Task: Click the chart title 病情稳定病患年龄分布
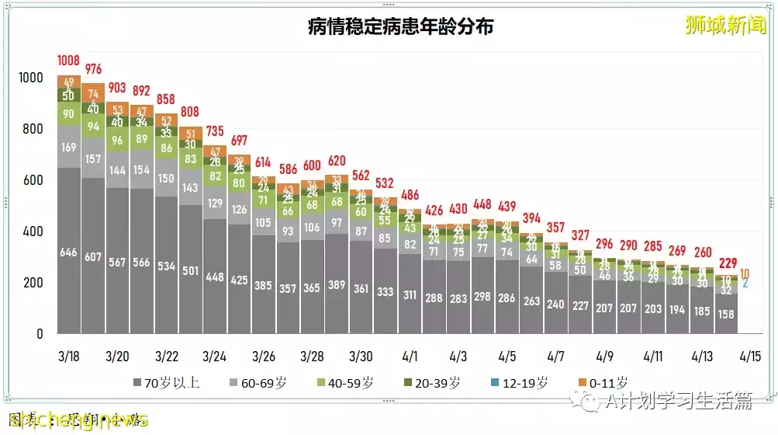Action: [x=400, y=27]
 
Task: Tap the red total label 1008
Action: [x=69, y=61]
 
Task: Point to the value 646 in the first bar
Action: [x=69, y=252]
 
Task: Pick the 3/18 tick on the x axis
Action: [x=69, y=357]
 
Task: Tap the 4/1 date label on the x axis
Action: [x=410, y=357]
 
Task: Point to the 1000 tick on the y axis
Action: [x=33, y=78]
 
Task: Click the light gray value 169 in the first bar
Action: [x=69, y=146]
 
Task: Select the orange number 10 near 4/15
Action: [x=745, y=273]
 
